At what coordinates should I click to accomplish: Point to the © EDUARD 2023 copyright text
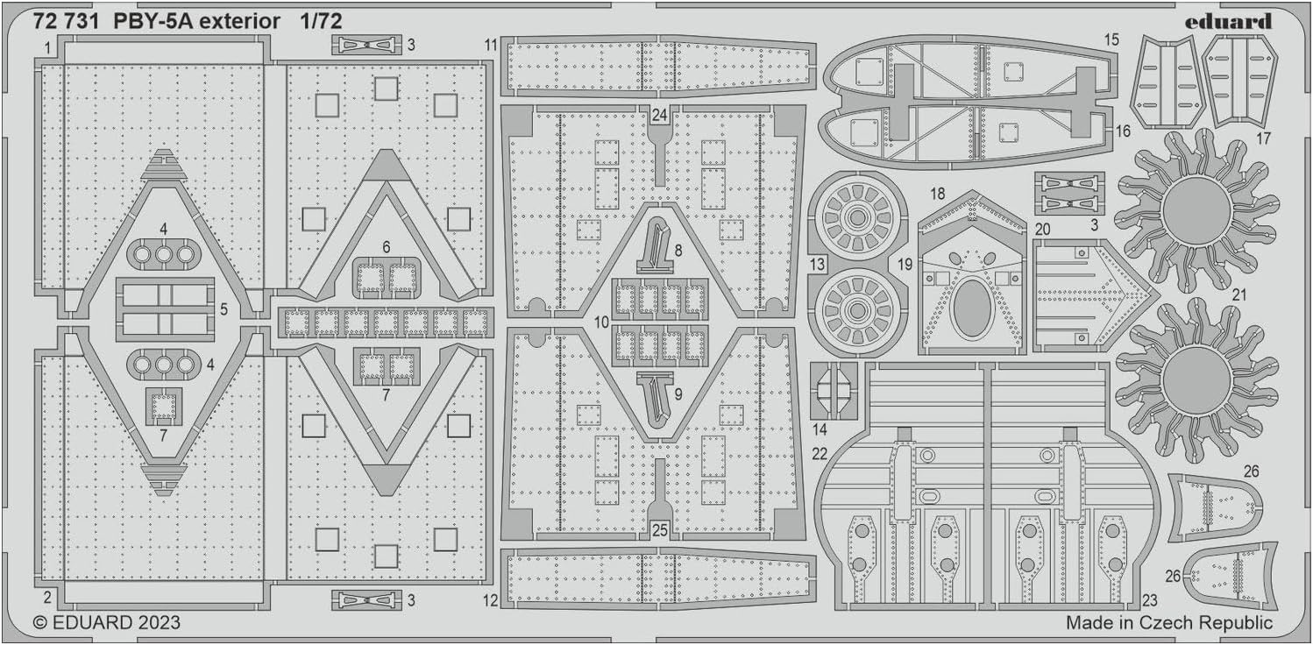tap(106, 623)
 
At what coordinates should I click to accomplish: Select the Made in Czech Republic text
tap(1168, 623)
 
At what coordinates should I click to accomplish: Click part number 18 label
tap(938, 193)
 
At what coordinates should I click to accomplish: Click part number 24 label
tap(660, 114)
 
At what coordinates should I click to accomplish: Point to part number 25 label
tap(660, 529)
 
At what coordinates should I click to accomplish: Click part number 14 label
tap(820, 429)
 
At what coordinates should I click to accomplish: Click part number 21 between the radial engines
tap(1238, 295)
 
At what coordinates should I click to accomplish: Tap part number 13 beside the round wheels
tap(817, 264)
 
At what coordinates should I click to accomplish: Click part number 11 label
tap(490, 45)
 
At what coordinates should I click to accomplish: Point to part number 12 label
tap(490, 600)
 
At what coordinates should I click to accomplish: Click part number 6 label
tap(386, 248)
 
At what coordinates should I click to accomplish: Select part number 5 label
tap(223, 309)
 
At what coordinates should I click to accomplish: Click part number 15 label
tap(1111, 39)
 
